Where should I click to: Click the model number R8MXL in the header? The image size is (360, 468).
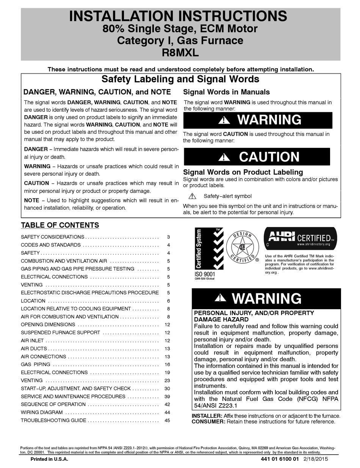click(x=180, y=53)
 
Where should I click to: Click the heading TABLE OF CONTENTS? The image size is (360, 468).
click(x=60, y=225)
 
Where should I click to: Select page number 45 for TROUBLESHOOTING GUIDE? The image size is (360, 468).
click(x=167, y=420)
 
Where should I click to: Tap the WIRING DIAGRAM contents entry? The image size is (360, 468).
click(x=42, y=412)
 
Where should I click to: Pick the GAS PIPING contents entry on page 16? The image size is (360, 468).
click(x=35, y=365)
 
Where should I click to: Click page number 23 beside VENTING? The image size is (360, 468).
click(x=167, y=380)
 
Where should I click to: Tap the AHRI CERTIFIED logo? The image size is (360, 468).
click(x=300, y=238)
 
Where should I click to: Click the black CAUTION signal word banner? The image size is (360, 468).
click(x=257, y=157)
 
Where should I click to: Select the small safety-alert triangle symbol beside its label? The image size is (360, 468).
click(x=192, y=196)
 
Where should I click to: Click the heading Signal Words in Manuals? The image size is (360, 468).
click(x=227, y=92)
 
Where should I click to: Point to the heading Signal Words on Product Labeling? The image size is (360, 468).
click(x=243, y=172)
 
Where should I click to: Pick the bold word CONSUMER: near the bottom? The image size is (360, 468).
click(x=208, y=421)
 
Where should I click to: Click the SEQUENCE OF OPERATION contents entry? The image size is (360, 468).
click(x=53, y=404)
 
